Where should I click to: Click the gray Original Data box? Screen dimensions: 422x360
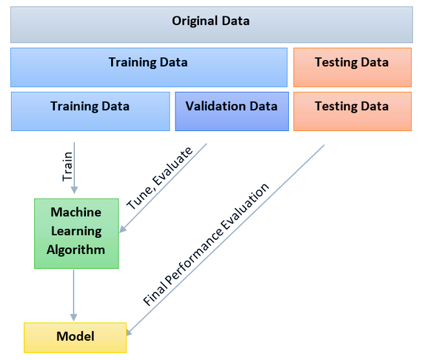[x=212, y=24]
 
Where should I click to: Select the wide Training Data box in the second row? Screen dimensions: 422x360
[x=149, y=67]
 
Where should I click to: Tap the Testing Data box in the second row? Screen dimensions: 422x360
[x=352, y=67]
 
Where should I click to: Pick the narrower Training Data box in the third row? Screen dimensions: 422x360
[x=90, y=111]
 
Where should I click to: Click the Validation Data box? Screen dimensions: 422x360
[x=232, y=111]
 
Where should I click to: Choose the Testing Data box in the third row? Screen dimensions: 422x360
[x=352, y=111]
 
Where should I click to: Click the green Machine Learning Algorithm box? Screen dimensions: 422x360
[x=76, y=233]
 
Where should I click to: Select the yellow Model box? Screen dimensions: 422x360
[x=75, y=337]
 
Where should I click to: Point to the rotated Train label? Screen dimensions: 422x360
[x=67, y=166]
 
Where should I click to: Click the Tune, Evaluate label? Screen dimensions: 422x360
[x=160, y=178]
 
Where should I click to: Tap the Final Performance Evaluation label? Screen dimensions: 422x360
[x=206, y=244]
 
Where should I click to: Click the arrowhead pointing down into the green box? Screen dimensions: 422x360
[x=74, y=190]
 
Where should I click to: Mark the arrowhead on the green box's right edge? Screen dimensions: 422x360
[x=122, y=229]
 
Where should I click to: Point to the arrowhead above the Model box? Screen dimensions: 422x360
[x=74, y=317]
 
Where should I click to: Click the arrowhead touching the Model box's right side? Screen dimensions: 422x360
[x=130, y=332]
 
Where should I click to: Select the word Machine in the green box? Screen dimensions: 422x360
[x=76, y=212]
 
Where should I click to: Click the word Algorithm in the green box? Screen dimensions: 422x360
[x=76, y=250]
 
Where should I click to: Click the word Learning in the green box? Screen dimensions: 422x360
[x=76, y=232]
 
